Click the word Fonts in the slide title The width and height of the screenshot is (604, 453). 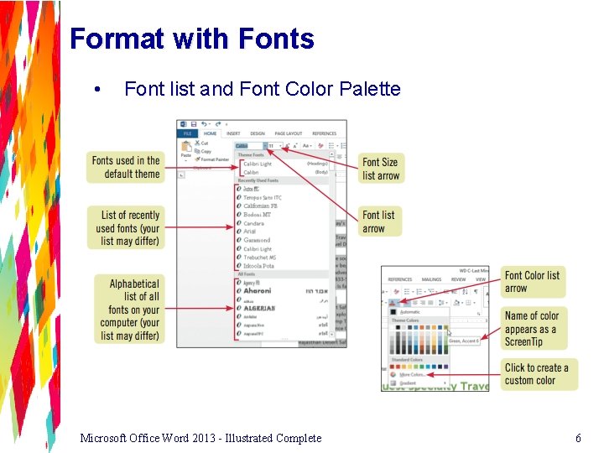(276, 39)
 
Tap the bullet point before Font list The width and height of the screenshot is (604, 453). (100, 89)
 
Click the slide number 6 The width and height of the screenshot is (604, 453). (578, 437)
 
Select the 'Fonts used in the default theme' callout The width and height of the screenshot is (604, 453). (125, 167)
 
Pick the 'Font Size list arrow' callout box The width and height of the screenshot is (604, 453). (381, 169)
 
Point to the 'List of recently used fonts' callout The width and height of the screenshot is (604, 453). (125, 227)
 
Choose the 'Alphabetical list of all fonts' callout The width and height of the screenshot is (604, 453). (125, 310)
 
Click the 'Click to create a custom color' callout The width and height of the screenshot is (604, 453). (535, 373)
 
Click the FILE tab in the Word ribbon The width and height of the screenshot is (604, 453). (188, 133)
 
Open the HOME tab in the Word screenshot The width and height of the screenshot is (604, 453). (210, 133)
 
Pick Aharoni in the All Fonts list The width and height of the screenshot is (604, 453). (258, 291)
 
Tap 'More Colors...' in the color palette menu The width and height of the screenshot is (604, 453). (412, 374)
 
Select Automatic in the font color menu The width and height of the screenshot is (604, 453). (411, 311)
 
